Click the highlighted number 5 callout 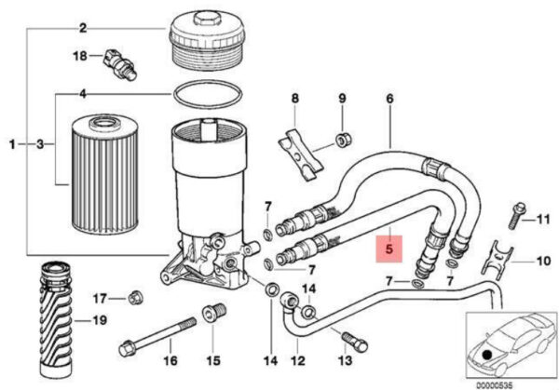389,249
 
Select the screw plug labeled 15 214,313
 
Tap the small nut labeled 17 134,298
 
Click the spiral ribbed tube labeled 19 57,318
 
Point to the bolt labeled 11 517,215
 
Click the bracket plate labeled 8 301,155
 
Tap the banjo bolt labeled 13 355,342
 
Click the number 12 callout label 298,361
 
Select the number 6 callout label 389,99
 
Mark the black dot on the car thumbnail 486,355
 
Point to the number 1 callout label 12,144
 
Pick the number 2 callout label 83,28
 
